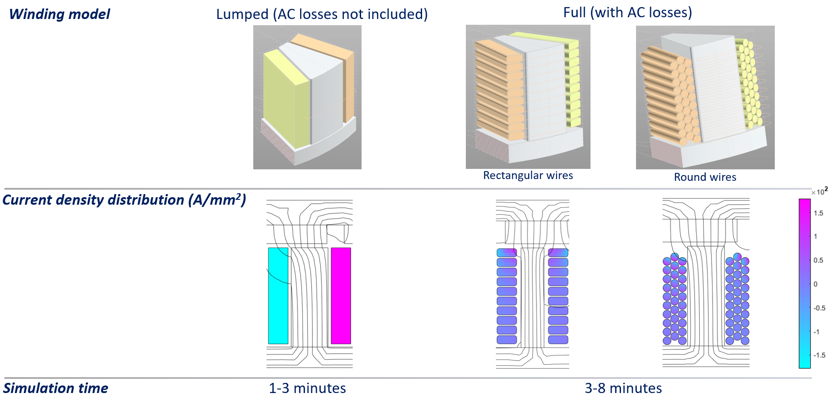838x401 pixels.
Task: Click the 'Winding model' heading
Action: click(x=59, y=14)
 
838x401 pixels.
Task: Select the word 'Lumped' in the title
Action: click(x=242, y=14)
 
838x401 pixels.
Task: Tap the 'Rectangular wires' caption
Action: click(x=528, y=176)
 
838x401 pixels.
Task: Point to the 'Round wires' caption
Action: click(x=705, y=177)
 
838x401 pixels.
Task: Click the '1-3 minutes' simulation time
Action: click(x=307, y=388)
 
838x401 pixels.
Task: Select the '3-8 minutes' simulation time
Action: click(x=623, y=388)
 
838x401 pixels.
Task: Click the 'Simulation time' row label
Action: click(x=56, y=388)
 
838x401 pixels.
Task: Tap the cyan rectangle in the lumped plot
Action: click(x=278, y=295)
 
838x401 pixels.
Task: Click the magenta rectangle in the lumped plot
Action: click(x=341, y=295)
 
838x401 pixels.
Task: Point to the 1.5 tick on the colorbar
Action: click(x=819, y=213)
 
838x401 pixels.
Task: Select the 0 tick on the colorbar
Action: click(x=816, y=284)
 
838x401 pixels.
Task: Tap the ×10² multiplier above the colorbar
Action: click(x=819, y=191)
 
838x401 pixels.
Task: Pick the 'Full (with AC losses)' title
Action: click(x=627, y=12)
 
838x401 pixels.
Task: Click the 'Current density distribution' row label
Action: click(x=124, y=200)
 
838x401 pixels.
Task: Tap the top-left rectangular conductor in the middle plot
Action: click(x=507, y=253)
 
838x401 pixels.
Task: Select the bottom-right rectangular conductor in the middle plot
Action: click(x=558, y=340)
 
